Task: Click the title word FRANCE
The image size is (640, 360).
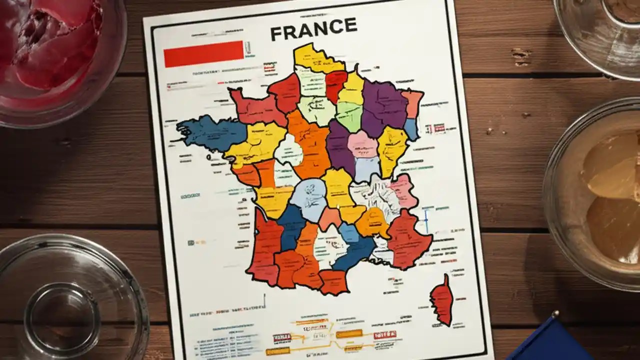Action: [x=313, y=31]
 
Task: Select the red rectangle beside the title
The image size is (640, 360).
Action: [x=203, y=53]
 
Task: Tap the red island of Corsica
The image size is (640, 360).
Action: [x=441, y=299]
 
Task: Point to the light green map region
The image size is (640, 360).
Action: [x=349, y=115]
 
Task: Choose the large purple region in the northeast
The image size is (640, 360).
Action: [x=384, y=106]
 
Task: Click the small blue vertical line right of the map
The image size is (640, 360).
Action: [x=426, y=221]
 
